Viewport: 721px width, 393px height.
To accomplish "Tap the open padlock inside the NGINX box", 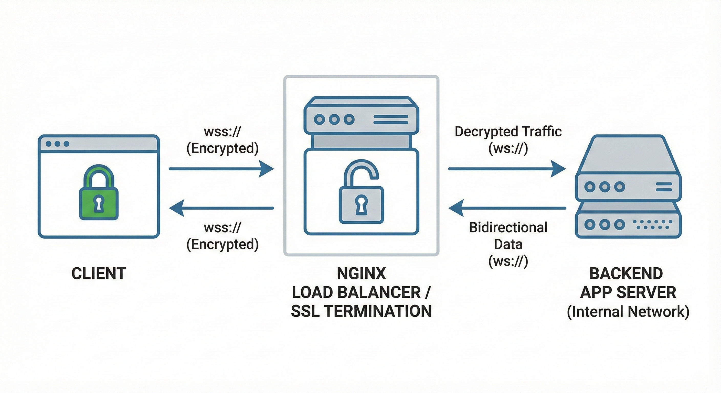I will click(x=361, y=196).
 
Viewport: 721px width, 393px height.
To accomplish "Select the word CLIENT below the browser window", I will click(x=99, y=274).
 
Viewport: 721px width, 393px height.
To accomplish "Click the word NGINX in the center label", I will click(x=361, y=274).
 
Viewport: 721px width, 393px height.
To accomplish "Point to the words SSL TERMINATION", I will click(x=361, y=311).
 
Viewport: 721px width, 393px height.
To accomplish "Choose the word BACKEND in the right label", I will click(x=626, y=274).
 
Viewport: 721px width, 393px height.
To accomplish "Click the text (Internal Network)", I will click(x=628, y=312).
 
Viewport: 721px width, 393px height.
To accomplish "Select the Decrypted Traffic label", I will click(x=508, y=132).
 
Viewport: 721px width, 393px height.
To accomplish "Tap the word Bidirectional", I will click(x=508, y=227).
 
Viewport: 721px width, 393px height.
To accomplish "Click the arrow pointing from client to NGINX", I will click(x=221, y=169).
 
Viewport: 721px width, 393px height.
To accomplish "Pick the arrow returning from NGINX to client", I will click(x=221, y=208).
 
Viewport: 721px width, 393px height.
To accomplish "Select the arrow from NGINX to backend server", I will click(x=507, y=169).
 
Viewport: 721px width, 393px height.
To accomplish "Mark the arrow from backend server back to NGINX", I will click(x=507, y=208).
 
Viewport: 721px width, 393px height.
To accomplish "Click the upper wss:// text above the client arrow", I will click(x=222, y=132).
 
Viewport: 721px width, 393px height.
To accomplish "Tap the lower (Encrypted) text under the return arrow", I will click(x=222, y=244).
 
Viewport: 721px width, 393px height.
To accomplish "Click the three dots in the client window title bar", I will click(x=57, y=144).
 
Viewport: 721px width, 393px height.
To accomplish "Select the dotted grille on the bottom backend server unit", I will click(x=652, y=224).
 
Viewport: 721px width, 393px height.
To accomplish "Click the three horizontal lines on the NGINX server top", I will click(x=391, y=119).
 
